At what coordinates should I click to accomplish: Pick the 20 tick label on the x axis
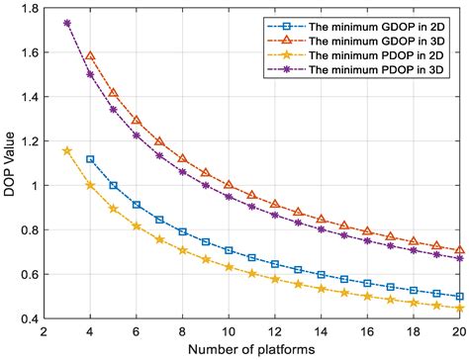(x=461, y=332)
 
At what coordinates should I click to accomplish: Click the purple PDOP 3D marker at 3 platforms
(x=67, y=23)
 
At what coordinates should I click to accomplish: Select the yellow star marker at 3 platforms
(x=67, y=151)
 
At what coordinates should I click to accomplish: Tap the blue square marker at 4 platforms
(x=90, y=159)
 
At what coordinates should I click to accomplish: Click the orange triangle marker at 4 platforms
(x=90, y=56)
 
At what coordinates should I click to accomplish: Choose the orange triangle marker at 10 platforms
(x=230, y=185)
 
